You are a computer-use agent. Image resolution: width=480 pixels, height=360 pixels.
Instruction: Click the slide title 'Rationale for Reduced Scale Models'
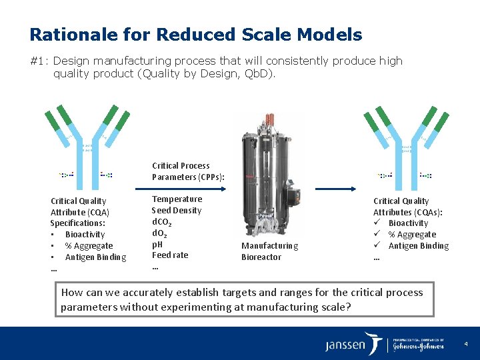[195, 35]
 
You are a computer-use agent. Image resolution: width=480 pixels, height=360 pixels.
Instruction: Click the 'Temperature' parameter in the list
[177, 199]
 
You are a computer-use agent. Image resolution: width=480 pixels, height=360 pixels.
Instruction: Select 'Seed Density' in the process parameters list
[176, 211]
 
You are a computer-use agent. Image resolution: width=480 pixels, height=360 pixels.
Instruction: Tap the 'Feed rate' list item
[170, 255]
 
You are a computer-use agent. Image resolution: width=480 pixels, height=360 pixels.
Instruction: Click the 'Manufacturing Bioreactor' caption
[269, 251]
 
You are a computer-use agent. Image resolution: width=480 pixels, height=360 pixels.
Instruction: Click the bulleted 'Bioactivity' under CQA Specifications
[85, 235]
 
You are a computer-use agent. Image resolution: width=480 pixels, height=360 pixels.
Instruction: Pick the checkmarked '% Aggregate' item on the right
[412, 235]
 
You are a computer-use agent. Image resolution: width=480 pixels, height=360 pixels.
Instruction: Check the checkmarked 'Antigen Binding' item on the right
[418, 246]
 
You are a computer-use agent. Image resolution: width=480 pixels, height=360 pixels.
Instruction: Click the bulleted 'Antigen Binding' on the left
[95, 257]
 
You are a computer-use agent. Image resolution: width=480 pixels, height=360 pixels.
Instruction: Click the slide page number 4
[466, 344]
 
